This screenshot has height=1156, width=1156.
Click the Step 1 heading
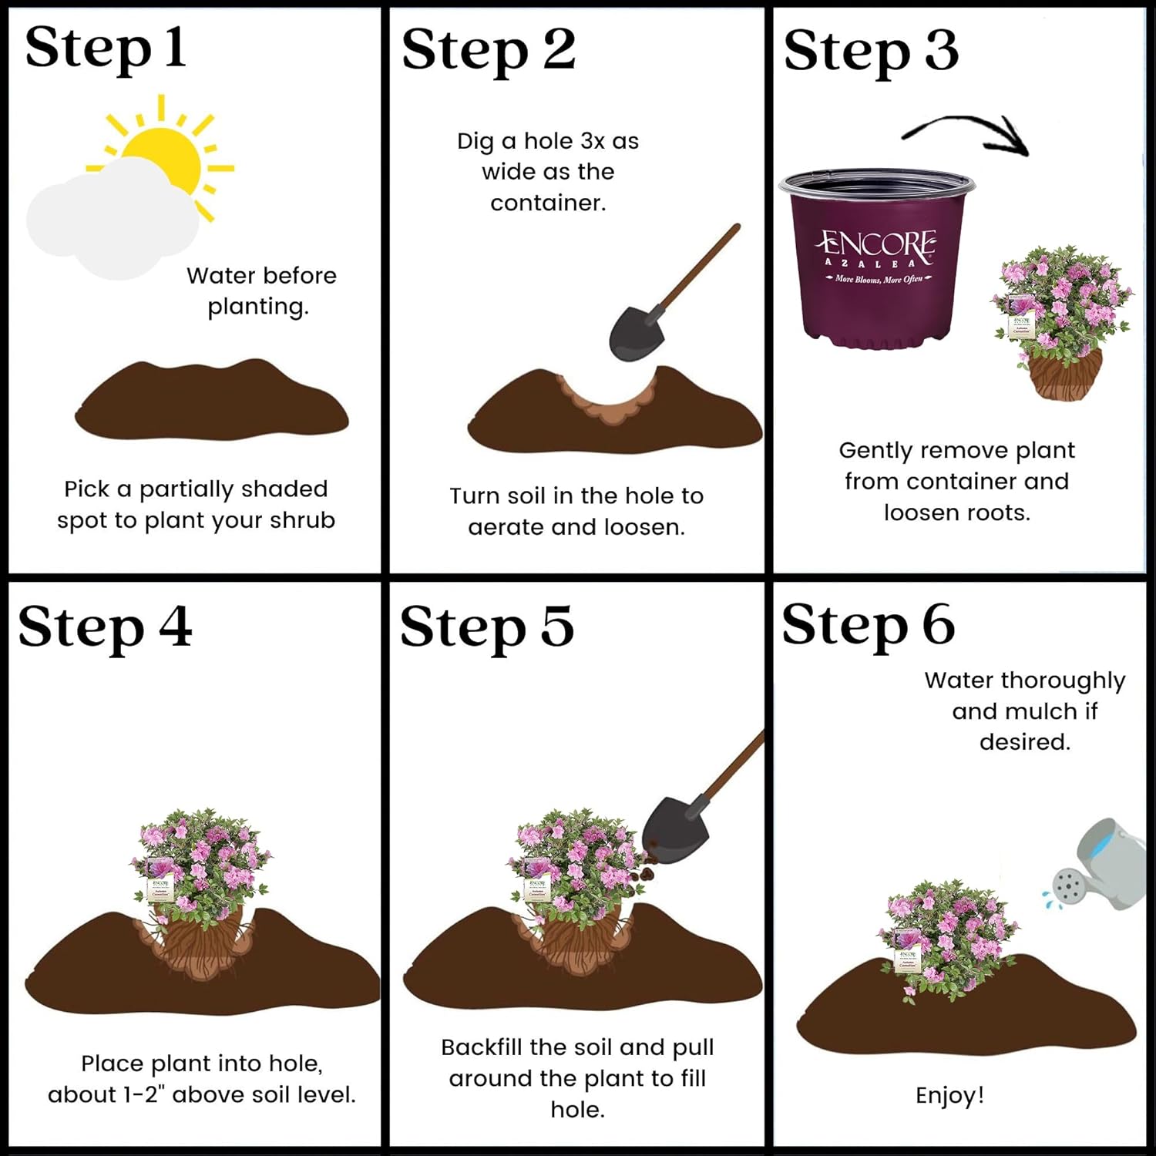coord(106,48)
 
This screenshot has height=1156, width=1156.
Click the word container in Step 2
coord(547,203)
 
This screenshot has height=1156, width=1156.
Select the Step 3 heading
coord(871,51)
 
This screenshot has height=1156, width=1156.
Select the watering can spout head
coord(1068,886)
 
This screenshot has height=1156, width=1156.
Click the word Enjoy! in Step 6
coord(949,1095)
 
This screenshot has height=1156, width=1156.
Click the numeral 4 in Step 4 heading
coord(175,626)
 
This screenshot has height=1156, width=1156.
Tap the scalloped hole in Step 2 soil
coord(609,401)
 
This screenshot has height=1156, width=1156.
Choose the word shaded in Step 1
coord(284,489)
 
